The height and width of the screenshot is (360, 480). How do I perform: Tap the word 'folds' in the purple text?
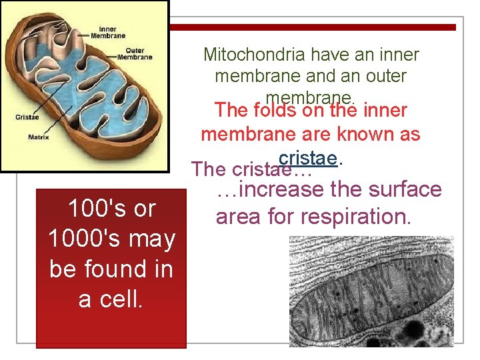tap(275, 109)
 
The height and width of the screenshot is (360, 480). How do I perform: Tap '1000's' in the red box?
tap(80, 239)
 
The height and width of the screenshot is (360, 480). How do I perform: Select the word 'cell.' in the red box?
tap(111, 299)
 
